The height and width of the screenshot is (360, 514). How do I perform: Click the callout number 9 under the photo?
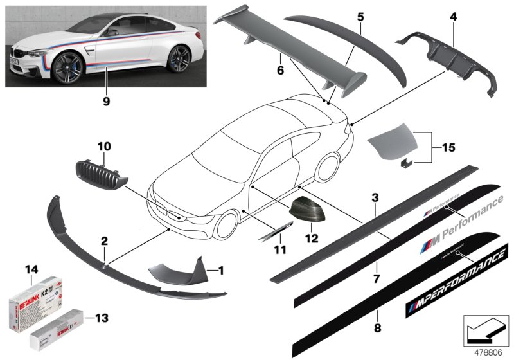[x=107, y=100]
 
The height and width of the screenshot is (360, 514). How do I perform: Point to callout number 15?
[x=448, y=148]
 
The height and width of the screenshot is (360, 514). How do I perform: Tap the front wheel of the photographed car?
[x=70, y=66]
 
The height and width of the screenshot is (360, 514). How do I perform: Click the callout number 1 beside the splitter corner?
[x=221, y=271]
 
